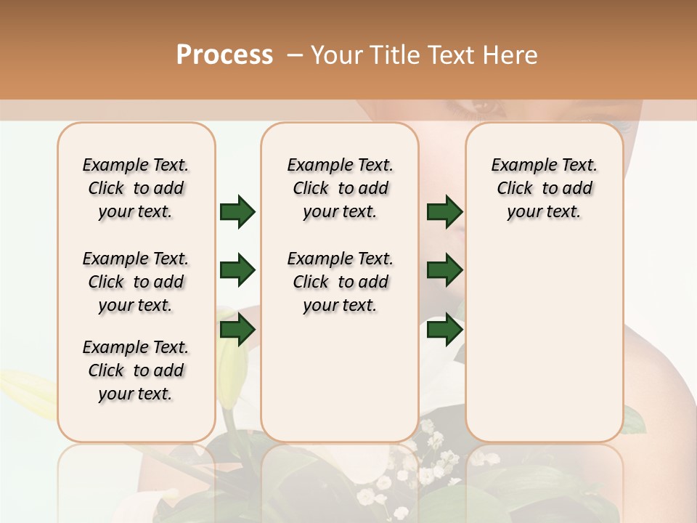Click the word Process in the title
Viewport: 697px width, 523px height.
224,54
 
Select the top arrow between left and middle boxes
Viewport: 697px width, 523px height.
237,211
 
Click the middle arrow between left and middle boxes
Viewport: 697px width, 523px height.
237,271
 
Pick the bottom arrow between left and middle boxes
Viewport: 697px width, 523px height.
237,331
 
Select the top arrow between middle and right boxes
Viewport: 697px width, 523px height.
444,211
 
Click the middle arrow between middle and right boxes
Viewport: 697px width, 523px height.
444,271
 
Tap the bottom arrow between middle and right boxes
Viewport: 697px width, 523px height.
444,331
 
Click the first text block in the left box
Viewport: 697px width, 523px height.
136,188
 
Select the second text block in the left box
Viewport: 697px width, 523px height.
136,282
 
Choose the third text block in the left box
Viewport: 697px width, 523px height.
136,370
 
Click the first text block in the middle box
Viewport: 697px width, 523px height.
341,188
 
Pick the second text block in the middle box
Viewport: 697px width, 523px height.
341,282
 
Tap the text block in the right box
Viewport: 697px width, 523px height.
545,188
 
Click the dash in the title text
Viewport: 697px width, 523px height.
295,54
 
